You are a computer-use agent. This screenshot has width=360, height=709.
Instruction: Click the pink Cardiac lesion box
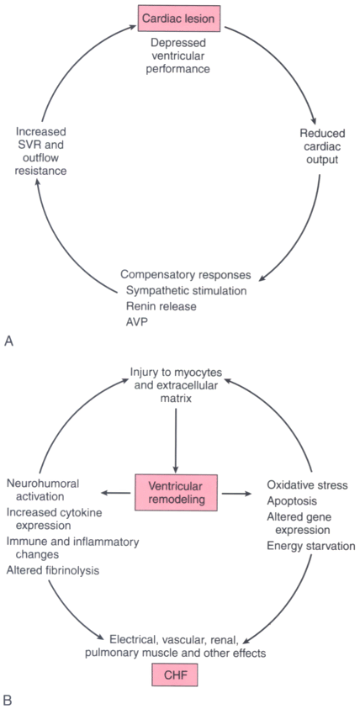[179, 19]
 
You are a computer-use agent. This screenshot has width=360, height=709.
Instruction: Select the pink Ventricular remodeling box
[176, 493]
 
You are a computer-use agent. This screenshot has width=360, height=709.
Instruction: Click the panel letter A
[8, 341]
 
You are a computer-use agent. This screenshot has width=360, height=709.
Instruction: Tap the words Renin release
[161, 305]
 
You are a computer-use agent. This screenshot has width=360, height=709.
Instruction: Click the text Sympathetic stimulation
[187, 290]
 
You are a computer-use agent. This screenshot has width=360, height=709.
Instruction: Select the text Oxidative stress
[308, 485]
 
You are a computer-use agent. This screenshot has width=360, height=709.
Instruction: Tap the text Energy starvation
[311, 546]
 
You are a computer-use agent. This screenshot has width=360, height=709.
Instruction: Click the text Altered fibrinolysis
[53, 570]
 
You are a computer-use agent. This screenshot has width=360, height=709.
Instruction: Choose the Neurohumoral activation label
[43, 489]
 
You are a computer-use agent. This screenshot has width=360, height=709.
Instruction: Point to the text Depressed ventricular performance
[179, 56]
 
